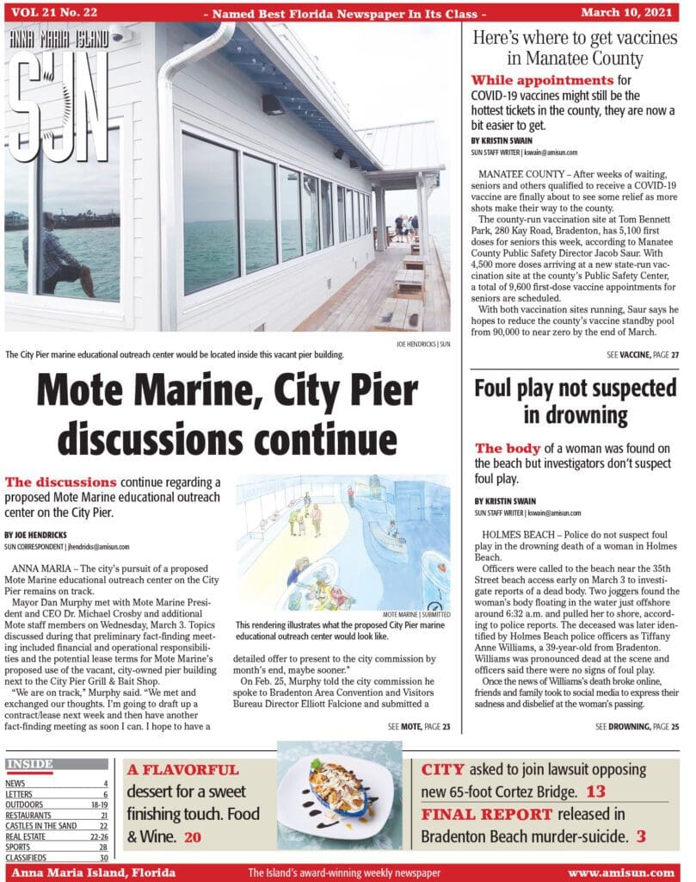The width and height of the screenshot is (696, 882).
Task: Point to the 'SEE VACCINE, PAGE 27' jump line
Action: point(643,354)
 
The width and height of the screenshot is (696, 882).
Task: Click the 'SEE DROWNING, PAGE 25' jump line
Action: point(637,727)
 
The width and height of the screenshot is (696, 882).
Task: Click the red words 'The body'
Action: point(508,449)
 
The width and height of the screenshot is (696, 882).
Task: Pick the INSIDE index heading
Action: point(29,764)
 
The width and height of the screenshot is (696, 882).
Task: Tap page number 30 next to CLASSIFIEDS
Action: point(102,857)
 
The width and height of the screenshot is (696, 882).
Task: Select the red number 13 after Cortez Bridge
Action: point(596,792)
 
